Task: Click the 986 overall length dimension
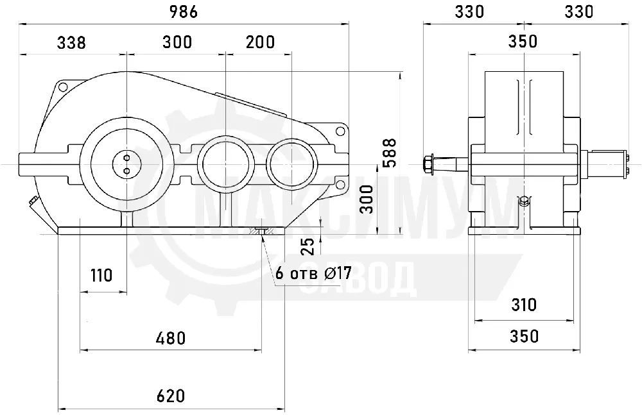pos(184,12)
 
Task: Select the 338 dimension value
pos(71,42)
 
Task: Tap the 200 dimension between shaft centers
pos(261,42)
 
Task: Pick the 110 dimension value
pos(101,275)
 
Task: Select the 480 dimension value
pos(171,339)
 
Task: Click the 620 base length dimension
pos(171,396)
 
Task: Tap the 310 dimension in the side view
pos(524,305)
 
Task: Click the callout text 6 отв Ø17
pos(313,273)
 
